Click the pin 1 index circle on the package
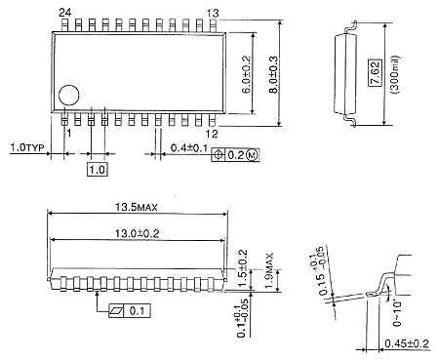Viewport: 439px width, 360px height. [x=69, y=96]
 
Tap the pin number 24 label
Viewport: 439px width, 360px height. [x=65, y=13]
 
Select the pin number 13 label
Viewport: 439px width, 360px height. [x=213, y=14]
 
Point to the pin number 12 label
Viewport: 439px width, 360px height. [x=212, y=134]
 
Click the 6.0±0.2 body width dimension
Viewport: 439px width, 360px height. [x=247, y=74]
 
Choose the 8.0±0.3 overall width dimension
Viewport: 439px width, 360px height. [x=273, y=74]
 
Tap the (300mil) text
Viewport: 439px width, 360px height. [x=396, y=75]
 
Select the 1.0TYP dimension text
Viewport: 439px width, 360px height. [x=27, y=147]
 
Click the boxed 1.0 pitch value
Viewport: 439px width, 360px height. [x=98, y=170]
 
